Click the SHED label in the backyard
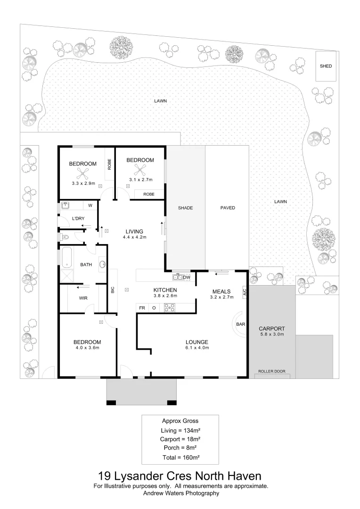pos(326,66)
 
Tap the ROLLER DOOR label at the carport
pos(272,371)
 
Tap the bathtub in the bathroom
pos(66,257)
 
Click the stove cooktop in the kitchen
pos(170,307)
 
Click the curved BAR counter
pos(237,324)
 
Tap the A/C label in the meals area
pos(245,292)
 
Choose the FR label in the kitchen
pos(142,308)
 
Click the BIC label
pos(113,289)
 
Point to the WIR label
pos(83,298)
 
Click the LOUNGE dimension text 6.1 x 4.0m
pos(197,348)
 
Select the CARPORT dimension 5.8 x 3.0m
pos(272,334)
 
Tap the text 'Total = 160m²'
pos(181,457)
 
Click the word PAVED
pos(228,208)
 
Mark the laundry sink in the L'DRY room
pos(65,205)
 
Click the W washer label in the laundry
pos(90,205)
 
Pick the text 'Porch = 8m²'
pos(180,448)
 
